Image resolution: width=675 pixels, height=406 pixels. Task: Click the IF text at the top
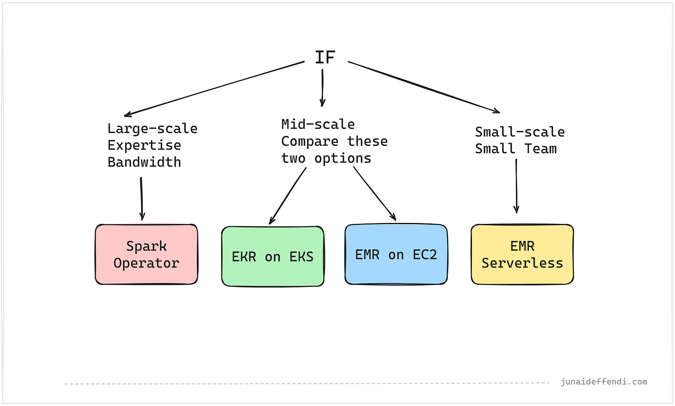(x=325, y=57)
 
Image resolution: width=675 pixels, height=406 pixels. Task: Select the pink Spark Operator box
(x=146, y=254)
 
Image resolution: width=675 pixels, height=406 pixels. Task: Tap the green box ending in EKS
(x=273, y=256)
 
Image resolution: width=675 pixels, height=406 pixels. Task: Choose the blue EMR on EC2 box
(x=396, y=254)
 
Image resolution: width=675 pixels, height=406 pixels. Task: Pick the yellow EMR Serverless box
(x=522, y=254)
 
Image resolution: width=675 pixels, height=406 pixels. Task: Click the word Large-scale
(x=153, y=128)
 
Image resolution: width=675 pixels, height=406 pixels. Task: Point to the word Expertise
(x=144, y=145)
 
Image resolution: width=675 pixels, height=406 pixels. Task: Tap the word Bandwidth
(x=144, y=162)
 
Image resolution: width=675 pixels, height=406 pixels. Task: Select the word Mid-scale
(x=318, y=124)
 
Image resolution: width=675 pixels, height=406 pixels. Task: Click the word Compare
(x=310, y=141)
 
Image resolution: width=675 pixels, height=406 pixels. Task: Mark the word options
(x=343, y=158)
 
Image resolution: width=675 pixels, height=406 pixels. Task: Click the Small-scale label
(x=520, y=132)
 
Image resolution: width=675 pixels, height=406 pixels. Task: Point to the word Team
(x=541, y=149)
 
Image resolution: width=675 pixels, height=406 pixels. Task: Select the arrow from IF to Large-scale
(x=213, y=89)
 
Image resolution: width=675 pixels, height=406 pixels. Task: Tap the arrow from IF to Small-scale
(x=424, y=87)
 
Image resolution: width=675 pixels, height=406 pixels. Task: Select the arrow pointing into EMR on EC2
(x=375, y=193)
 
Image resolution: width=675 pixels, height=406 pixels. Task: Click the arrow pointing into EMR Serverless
(x=516, y=185)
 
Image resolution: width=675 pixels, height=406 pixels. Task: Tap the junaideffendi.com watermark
(x=604, y=382)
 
